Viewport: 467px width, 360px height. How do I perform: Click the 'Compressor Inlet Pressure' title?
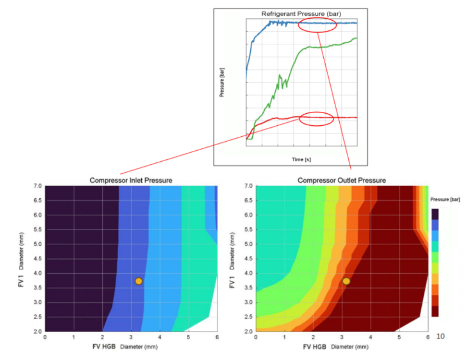click(x=131, y=180)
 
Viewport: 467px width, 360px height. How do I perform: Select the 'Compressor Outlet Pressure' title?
click(x=342, y=180)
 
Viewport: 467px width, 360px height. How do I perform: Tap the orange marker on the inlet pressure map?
click(x=138, y=281)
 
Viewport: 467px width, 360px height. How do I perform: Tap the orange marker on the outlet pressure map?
click(x=346, y=281)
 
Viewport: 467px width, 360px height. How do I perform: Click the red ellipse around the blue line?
click(x=317, y=26)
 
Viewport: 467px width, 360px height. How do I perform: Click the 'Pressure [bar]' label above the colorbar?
click(x=446, y=199)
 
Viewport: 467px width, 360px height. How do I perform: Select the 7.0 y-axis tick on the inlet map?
click(x=37, y=186)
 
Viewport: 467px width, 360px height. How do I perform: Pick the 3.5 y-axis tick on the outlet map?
click(x=248, y=288)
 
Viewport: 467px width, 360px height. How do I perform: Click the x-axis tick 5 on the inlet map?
click(x=188, y=337)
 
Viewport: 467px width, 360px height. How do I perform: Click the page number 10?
click(x=440, y=336)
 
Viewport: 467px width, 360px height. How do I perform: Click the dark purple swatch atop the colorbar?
click(x=435, y=214)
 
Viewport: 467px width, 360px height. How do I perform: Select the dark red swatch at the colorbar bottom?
click(x=435, y=312)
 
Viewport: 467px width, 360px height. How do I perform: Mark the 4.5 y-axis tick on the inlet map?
click(x=37, y=259)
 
